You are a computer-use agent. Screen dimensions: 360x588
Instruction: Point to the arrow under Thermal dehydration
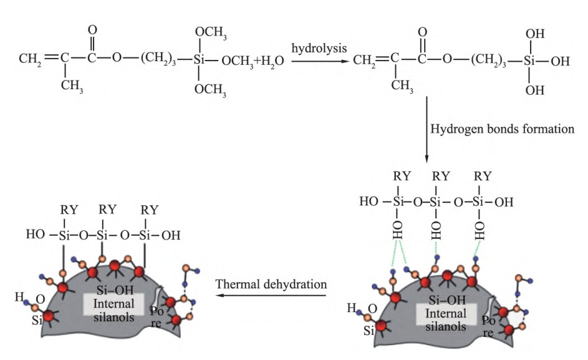tap(271, 297)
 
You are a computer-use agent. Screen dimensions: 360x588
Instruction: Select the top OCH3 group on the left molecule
tap(211, 32)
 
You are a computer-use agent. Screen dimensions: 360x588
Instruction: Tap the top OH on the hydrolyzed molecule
tap(534, 32)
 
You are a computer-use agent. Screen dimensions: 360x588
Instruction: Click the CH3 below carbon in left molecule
tap(72, 85)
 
